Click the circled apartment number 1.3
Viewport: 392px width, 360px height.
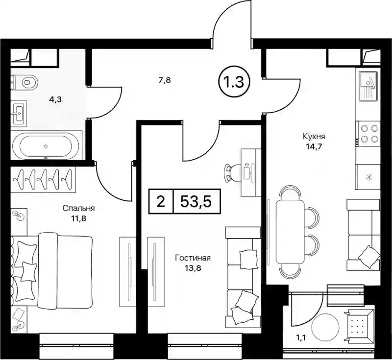click(x=235, y=82)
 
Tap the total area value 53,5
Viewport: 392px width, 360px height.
click(x=196, y=202)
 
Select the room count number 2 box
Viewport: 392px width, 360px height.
click(x=161, y=201)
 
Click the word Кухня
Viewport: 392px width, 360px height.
click(x=314, y=137)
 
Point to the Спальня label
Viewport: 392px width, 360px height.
click(x=78, y=208)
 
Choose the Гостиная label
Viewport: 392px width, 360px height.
click(x=193, y=258)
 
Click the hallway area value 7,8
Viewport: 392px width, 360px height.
click(x=165, y=81)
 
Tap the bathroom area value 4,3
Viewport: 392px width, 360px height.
click(x=55, y=99)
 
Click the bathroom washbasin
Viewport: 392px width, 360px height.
click(x=19, y=113)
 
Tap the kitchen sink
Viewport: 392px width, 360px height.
click(x=368, y=86)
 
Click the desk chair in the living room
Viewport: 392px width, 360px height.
click(x=232, y=172)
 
